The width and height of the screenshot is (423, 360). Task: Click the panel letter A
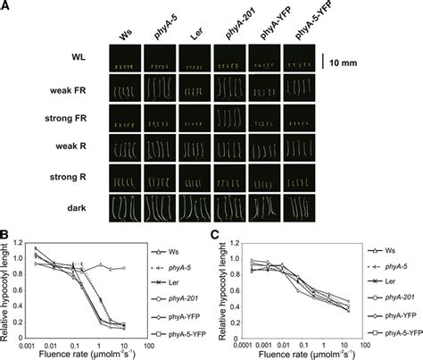(7, 7)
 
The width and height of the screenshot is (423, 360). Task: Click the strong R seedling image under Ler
(195, 176)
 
